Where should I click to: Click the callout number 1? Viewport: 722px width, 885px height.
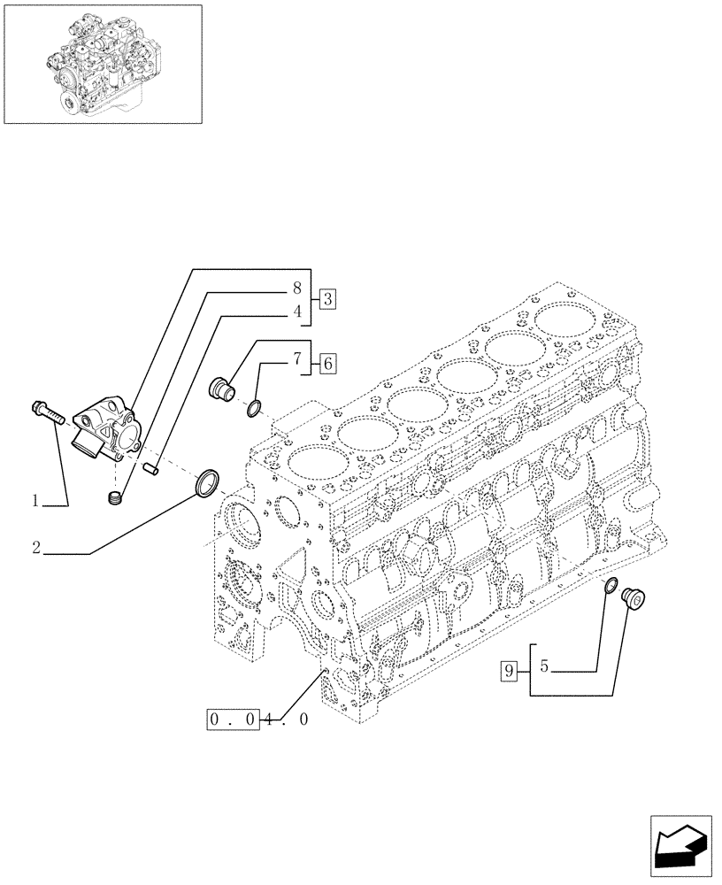[x=35, y=501]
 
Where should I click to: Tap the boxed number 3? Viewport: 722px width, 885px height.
[x=326, y=298]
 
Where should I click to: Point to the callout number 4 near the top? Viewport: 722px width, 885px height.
[x=298, y=312]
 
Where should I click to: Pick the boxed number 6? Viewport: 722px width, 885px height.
[x=326, y=362]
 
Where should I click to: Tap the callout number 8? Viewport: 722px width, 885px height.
[x=298, y=288]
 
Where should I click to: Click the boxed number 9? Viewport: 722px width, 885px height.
[x=508, y=671]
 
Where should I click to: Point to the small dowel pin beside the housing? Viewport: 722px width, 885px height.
[x=150, y=461]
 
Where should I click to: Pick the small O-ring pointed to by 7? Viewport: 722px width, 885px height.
[x=253, y=407]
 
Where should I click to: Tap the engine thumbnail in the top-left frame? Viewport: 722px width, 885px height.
[x=102, y=63]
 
